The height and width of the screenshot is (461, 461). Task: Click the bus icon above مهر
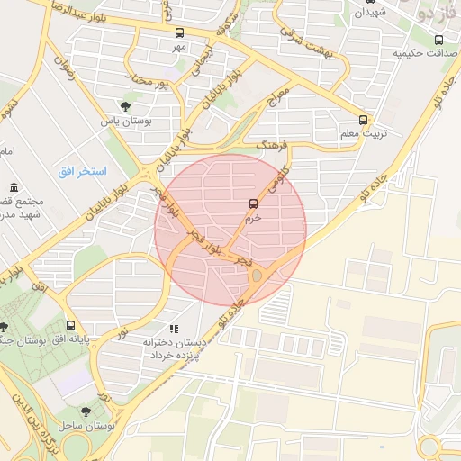(179, 32)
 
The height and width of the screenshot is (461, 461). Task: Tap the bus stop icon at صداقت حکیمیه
(438, 40)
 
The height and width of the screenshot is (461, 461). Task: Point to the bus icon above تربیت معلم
(364, 119)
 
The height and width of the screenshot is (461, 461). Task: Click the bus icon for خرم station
(252, 203)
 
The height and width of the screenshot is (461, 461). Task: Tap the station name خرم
(253, 217)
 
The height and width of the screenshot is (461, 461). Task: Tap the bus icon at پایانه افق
(70, 325)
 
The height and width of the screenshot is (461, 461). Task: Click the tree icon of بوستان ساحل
(86, 410)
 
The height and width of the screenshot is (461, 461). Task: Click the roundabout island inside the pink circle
(256, 274)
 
